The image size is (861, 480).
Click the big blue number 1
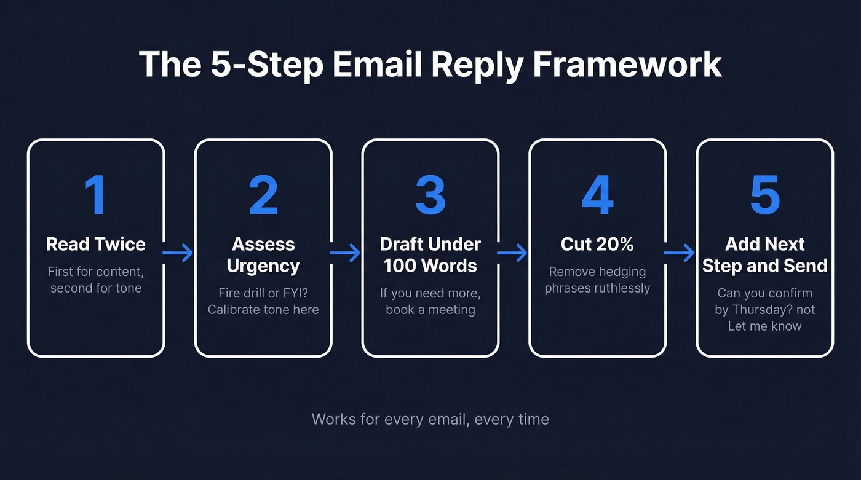[95, 195]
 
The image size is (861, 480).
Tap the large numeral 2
[263, 195]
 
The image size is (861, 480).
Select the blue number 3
[430, 195]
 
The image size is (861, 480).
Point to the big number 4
[597, 195]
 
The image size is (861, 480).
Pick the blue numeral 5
[765, 195]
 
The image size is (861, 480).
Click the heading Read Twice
[96, 244]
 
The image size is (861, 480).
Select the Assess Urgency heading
[263, 254]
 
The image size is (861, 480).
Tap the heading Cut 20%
[597, 244]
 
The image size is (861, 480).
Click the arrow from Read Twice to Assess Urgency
[179, 253]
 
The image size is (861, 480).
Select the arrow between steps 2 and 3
[346, 253]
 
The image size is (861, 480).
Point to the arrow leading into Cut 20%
[514, 253]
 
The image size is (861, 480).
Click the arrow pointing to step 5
[680, 253]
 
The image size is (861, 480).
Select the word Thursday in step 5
[758, 310]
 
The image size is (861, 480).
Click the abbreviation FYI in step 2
[294, 293]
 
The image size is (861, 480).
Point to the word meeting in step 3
[446, 309]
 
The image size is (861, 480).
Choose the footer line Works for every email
[430, 419]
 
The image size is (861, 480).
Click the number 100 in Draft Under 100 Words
[400, 266]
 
